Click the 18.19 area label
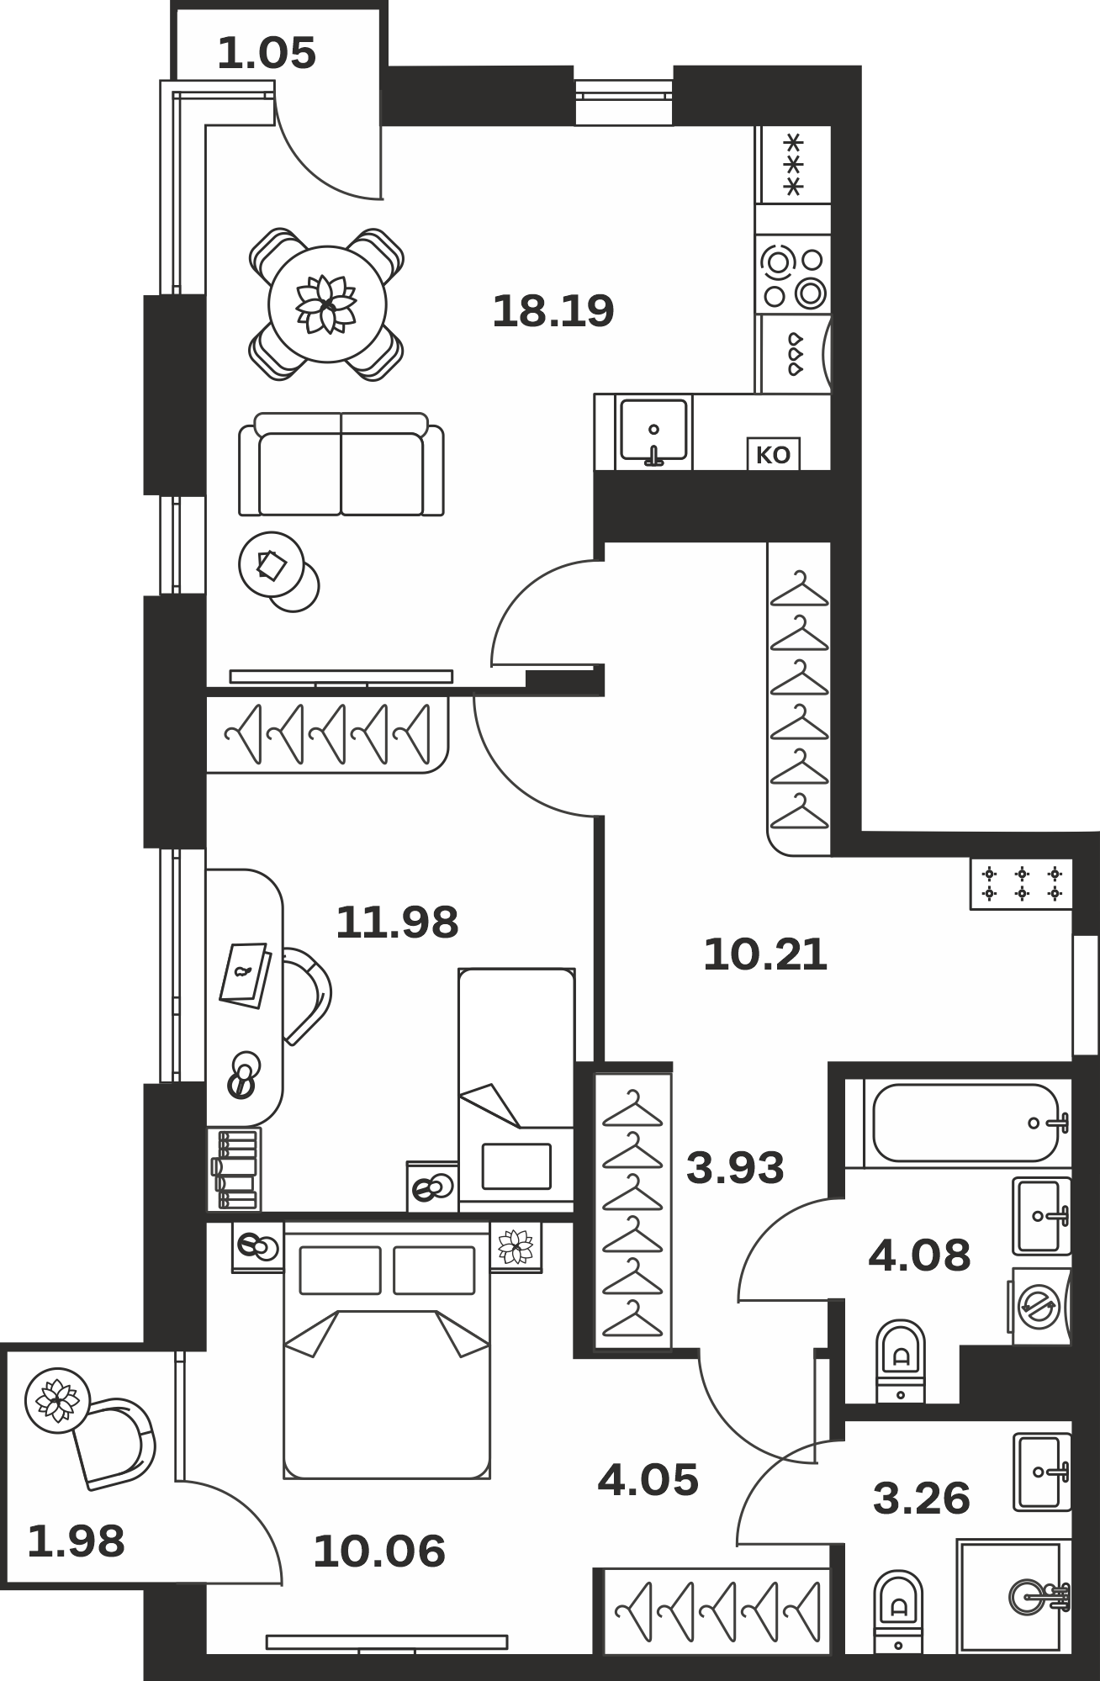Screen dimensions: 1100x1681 click(x=553, y=311)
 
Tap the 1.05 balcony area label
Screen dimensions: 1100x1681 click(x=267, y=55)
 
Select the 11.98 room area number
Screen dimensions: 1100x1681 click(x=397, y=922)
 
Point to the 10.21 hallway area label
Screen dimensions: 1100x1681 click(x=765, y=955)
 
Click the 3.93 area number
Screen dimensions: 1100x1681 click(x=735, y=1168)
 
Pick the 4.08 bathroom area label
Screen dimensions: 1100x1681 click(x=919, y=1255)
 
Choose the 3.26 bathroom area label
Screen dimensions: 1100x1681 click(x=922, y=1499)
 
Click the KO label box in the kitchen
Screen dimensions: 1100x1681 click(x=774, y=455)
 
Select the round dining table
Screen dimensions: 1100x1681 click(x=327, y=304)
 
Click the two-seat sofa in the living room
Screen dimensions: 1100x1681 click(x=341, y=464)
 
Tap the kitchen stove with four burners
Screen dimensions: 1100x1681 click(x=793, y=273)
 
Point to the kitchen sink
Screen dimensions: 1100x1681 click(x=653, y=431)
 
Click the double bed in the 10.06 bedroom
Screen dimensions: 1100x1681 click(x=387, y=1350)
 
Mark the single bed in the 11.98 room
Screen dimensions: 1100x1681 click(x=516, y=1090)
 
